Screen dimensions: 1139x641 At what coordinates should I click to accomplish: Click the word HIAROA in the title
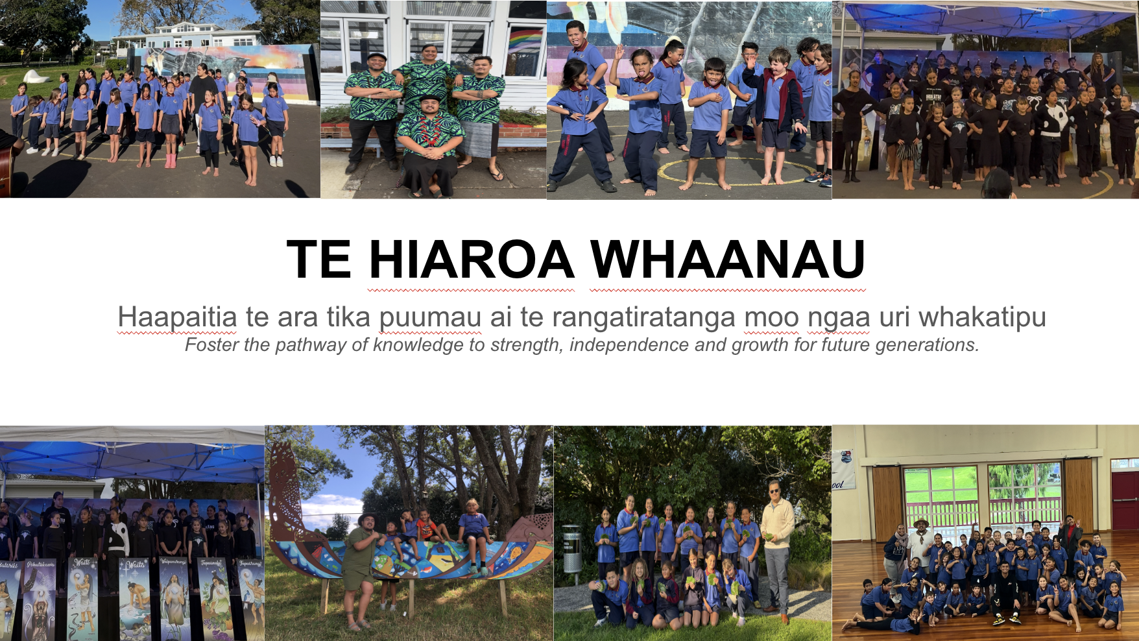[472, 260]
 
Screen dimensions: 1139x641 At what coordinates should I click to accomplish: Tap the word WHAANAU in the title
[728, 260]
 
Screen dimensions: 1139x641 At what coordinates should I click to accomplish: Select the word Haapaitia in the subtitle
[177, 317]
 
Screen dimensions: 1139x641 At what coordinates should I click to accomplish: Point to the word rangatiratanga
[644, 318]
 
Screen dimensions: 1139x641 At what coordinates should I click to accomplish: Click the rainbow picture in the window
[527, 40]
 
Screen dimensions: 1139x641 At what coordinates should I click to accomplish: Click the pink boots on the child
[171, 160]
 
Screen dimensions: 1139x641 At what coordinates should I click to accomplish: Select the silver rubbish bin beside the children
[571, 548]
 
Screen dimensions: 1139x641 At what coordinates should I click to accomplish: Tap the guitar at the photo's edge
[6, 163]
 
